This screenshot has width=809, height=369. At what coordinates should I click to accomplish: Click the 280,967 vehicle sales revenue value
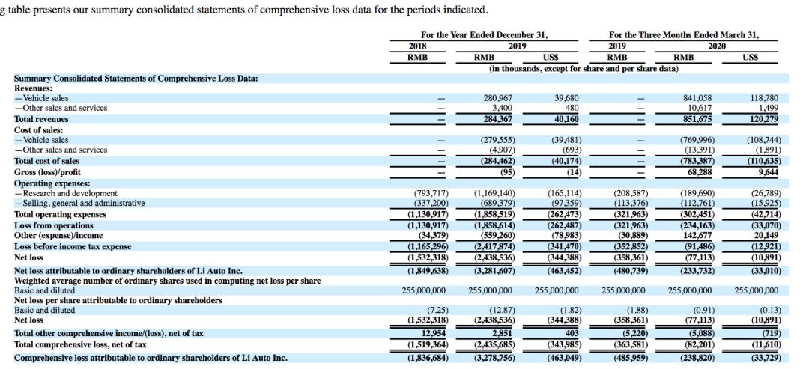click(x=496, y=98)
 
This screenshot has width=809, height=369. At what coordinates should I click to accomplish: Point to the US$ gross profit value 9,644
click(x=766, y=171)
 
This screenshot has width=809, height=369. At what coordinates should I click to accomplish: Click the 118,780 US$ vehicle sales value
click(x=763, y=98)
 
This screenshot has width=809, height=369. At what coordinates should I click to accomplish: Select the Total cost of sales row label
click(x=46, y=161)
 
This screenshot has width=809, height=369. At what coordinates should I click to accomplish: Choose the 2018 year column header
click(x=417, y=45)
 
